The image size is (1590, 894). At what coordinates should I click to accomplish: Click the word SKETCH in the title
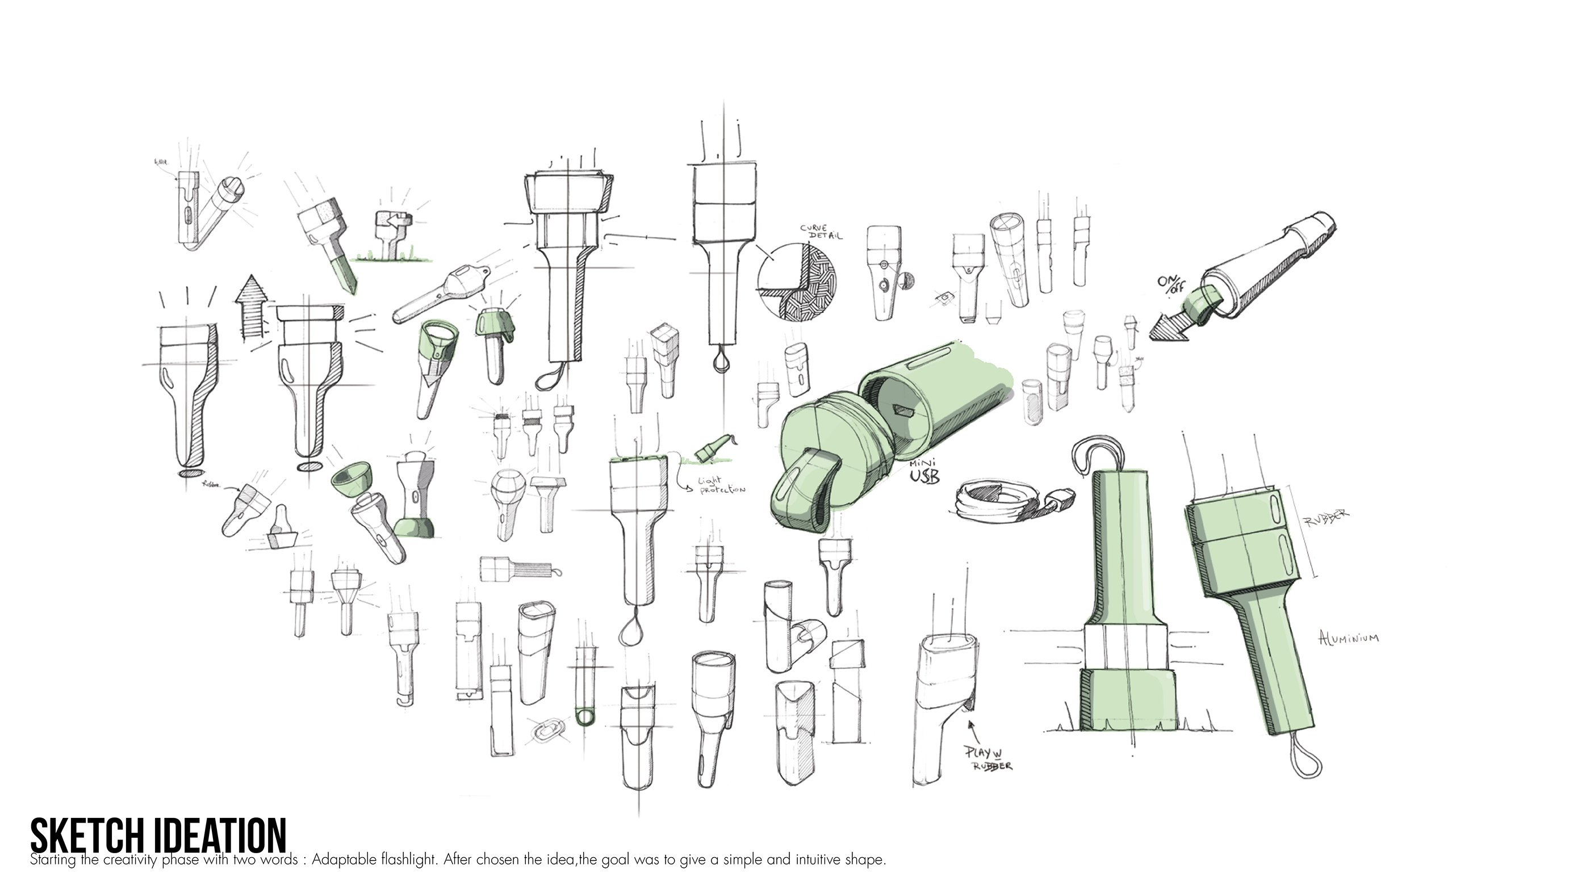(x=86, y=836)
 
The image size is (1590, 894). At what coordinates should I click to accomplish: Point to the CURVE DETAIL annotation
(x=821, y=232)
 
